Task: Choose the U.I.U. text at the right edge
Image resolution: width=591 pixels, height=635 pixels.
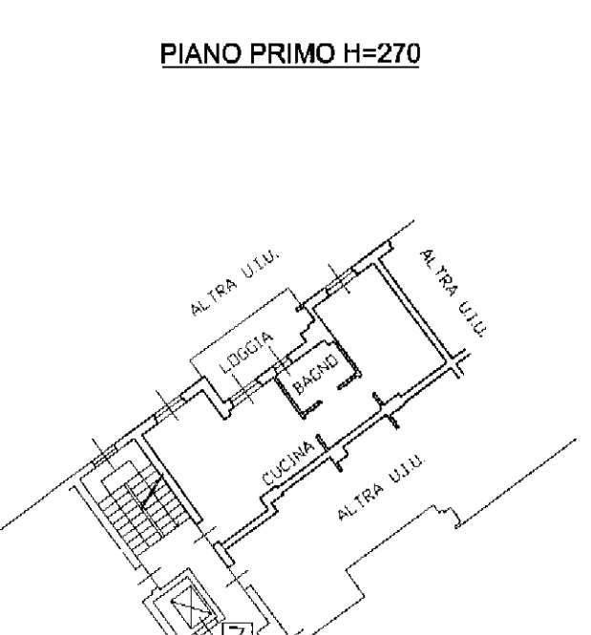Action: tap(471, 317)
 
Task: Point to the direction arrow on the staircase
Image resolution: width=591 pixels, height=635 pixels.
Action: tap(150, 492)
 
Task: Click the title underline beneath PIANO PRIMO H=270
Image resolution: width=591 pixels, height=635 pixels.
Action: tap(290, 66)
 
